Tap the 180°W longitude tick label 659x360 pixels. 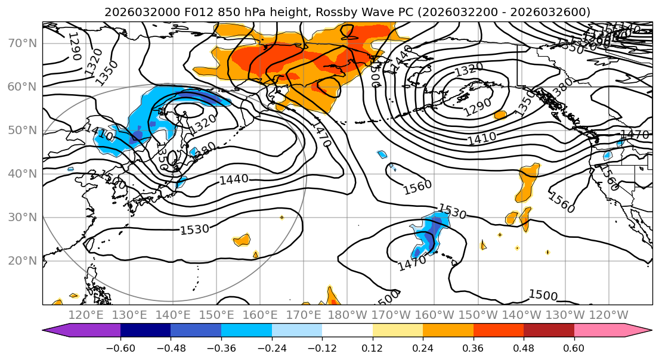[347, 315]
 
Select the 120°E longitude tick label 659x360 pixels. [86, 315]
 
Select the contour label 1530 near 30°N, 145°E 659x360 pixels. [194, 229]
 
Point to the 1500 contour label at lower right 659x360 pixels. [543, 295]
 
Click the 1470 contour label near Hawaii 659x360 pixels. [412, 262]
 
